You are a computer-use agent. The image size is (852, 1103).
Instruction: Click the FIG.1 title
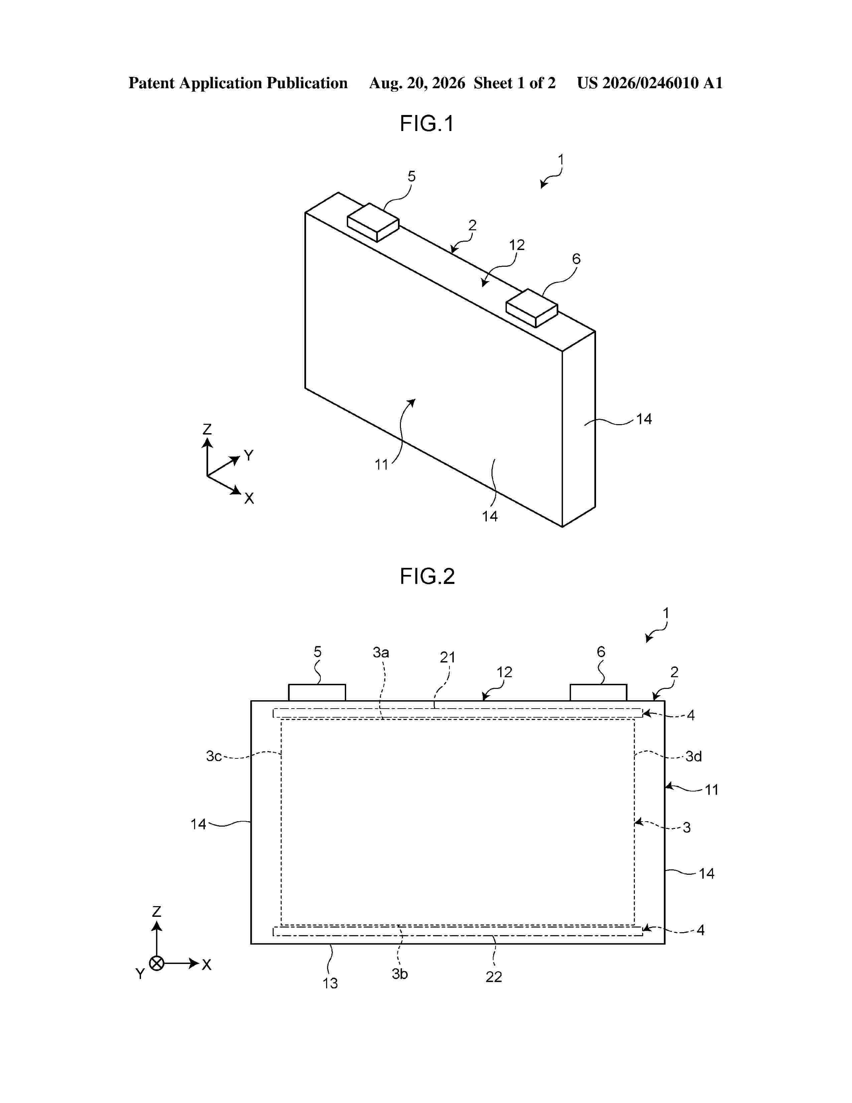(x=427, y=123)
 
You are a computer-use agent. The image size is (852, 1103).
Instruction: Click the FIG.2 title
(x=427, y=576)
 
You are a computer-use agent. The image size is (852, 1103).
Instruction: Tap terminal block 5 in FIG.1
(x=373, y=222)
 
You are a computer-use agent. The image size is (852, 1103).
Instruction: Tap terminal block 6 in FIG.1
(x=532, y=308)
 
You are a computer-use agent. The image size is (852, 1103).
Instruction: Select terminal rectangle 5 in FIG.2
(x=317, y=693)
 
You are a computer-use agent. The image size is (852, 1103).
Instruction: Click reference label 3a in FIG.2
(x=381, y=652)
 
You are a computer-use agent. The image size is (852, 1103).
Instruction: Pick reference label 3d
(x=694, y=756)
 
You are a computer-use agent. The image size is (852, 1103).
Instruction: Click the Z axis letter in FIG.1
(x=207, y=429)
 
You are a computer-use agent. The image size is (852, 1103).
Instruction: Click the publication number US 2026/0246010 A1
(x=650, y=83)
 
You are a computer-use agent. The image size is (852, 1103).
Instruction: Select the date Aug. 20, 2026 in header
(x=417, y=83)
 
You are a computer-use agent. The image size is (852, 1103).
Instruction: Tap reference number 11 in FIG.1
(x=382, y=465)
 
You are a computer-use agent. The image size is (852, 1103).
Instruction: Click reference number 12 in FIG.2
(x=504, y=672)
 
